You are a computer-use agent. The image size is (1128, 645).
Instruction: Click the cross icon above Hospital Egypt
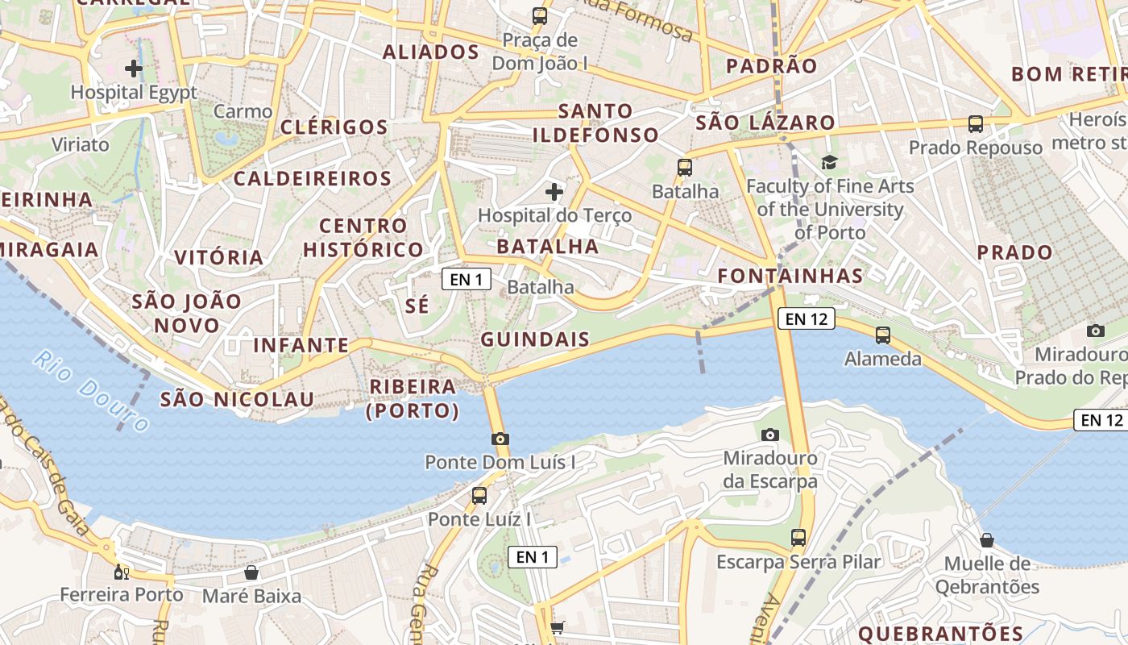tap(134, 69)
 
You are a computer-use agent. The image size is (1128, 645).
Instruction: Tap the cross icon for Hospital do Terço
tap(554, 192)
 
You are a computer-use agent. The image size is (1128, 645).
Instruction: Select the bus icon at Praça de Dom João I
tap(540, 15)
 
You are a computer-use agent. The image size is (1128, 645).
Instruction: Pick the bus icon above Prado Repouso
tap(976, 124)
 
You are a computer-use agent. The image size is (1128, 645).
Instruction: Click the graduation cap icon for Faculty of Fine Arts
tap(830, 163)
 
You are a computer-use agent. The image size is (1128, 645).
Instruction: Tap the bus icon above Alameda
tap(883, 335)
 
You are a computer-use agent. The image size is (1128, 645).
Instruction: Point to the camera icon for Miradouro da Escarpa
tap(770, 435)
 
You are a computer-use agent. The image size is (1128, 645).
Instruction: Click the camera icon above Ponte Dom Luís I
tap(500, 439)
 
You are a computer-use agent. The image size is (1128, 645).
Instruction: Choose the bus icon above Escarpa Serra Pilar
tap(798, 537)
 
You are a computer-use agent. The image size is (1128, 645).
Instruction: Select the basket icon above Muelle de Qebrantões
tap(987, 540)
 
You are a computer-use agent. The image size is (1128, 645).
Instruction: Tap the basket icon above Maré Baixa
tap(251, 572)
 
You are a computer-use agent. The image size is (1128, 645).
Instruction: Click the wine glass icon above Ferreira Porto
tap(122, 572)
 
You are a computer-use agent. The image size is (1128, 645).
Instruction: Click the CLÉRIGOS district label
tap(334, 127)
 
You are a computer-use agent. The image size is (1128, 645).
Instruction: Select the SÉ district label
tap(417, 306)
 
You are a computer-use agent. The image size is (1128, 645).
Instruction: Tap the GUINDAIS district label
tap(536, 339)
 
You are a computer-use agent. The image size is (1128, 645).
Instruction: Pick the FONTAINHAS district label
tap(790, 276)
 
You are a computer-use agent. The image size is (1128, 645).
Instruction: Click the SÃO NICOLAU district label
tap(237, 399)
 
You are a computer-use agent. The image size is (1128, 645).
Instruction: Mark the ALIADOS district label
tap(431, 52)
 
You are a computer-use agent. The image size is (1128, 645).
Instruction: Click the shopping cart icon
tap(557, 627)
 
